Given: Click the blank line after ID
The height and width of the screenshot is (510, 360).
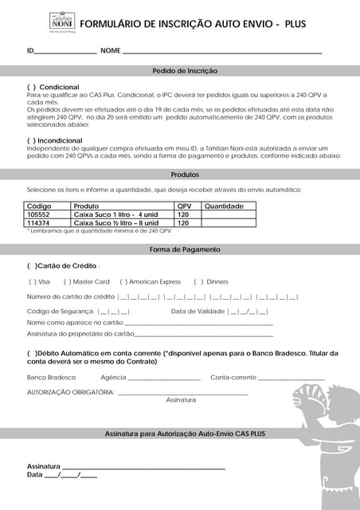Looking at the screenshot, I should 65,51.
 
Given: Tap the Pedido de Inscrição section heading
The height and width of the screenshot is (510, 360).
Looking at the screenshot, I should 185,71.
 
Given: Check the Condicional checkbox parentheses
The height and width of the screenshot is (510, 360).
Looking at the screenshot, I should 32,86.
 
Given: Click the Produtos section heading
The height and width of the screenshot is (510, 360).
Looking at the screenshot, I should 185,175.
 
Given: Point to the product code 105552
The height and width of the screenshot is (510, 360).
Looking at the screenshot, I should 38,214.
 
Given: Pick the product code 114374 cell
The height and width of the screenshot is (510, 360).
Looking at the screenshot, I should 38,223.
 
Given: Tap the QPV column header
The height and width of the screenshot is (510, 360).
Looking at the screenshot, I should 184,206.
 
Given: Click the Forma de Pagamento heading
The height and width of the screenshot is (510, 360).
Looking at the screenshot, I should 185,249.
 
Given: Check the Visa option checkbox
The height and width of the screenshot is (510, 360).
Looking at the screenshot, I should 32,281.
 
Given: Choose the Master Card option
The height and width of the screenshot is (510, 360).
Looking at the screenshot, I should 67,281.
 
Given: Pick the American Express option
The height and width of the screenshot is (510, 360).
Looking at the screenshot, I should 123,281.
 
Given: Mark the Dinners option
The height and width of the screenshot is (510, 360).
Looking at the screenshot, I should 198,281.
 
